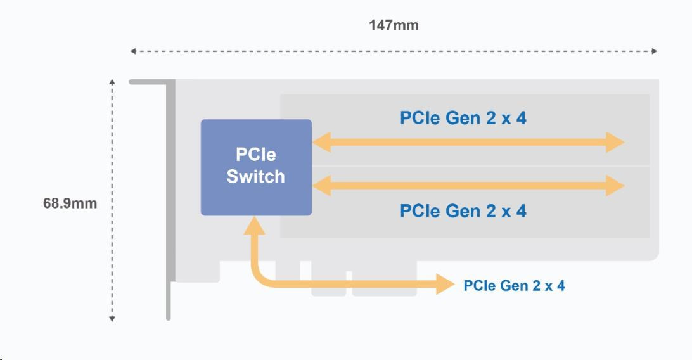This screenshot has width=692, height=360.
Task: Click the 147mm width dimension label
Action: [394, 26]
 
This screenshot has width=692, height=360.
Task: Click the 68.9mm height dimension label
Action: [70, 203]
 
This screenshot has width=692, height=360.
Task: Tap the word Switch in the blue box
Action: [256, 177]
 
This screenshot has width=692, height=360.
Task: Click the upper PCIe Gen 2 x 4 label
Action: [463, 118]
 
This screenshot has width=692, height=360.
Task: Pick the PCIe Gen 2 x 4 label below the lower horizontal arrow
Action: [463, 210]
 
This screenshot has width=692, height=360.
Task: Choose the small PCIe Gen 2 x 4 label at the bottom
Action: [514, 286]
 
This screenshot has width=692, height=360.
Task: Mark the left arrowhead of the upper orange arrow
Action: [321, 143]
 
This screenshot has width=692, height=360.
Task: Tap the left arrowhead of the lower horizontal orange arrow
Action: [321, 186]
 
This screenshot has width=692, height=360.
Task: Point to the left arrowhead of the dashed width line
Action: [133, 51]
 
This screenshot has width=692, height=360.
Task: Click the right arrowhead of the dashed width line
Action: [655, 51]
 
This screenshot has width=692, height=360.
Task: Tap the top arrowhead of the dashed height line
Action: [112, 82]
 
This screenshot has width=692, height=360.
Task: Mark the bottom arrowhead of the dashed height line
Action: [112, 319]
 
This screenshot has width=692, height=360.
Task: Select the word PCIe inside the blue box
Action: [256, 155]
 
